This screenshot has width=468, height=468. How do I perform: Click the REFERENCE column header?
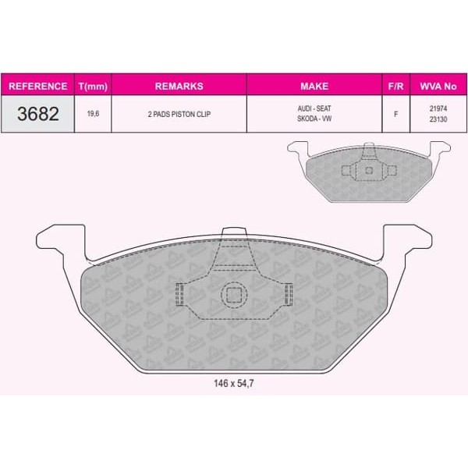click(x=38, y=87)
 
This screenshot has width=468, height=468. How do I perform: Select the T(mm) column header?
click(x=93, y=87)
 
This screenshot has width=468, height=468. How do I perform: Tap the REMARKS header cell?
click(x=179, y=87)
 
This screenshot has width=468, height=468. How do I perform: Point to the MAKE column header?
click(x=314, y=87)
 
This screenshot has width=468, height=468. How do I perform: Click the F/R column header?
click(x=395, y=87)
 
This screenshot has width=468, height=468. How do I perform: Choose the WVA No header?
click(x=438, y=87)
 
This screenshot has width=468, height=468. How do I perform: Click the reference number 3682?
click(x=38, y=114)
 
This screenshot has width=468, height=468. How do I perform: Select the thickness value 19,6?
click(x=93, y=114)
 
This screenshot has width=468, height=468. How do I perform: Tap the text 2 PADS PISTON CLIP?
click(x=179, y=114)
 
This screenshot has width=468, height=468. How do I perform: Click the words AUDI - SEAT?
click(x=314, y=108)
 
